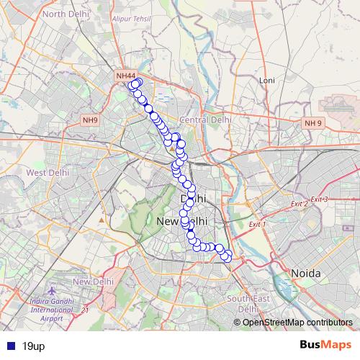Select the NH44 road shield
point(125,76)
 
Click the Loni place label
point(267,80)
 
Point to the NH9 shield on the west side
point(91,120)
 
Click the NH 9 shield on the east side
point(312,123)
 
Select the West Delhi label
point(47,173)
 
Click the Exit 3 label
point(319,199)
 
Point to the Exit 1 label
point(257,225)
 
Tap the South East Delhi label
point(248,303)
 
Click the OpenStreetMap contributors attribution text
point(297,322)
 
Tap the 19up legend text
point(33,346)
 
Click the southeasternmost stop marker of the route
point(226,257)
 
